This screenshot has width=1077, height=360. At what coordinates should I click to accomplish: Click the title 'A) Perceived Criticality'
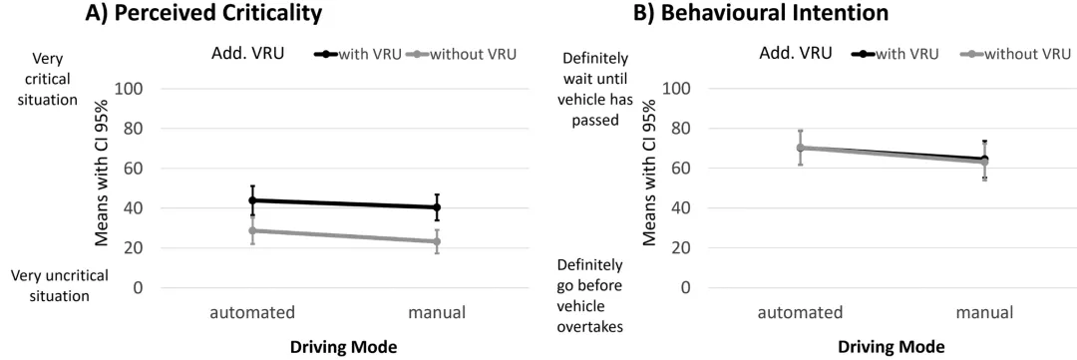[x=202, y=13]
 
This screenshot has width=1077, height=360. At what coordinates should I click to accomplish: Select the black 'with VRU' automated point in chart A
[x=252, y=199]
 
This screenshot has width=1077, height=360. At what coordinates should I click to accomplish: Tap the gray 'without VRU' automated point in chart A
[x=252, y=230]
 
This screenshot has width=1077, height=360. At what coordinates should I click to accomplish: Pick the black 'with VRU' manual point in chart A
[x=437, y=206]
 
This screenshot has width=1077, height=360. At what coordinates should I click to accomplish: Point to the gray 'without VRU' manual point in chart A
[x=437, y=241]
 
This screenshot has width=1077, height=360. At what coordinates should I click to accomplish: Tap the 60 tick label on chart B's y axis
[x=681, y=169]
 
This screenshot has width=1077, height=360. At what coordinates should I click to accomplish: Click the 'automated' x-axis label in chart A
[x=252, y=312]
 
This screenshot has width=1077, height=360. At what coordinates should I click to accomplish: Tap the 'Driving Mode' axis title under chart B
[x=892, y=347]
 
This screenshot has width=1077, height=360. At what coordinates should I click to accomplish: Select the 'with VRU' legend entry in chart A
[x=358, y=54]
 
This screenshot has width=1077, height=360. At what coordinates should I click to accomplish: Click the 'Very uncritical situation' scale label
[x=60, y=286]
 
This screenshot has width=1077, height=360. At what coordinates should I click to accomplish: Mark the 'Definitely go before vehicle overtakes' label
[x=590, y=295]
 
